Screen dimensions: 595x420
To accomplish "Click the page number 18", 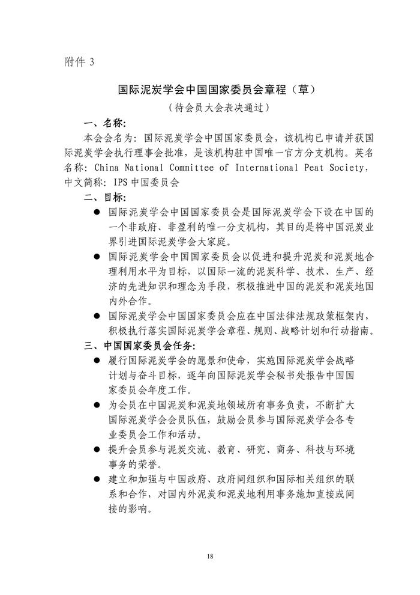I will pos(209,557).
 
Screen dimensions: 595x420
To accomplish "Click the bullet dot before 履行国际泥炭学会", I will pos(98,361).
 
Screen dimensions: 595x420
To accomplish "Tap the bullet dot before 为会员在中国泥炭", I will pos(98,406).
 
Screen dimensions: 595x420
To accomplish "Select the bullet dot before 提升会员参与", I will pos(98,450).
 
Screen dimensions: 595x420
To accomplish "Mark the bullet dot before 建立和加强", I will pos(98,479).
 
